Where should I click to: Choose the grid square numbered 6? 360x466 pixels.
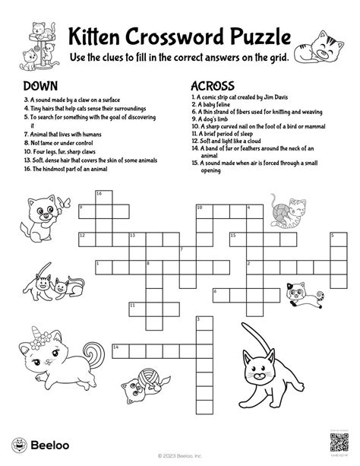[217, 293]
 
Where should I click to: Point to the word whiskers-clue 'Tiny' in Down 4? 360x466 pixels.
[34, 109]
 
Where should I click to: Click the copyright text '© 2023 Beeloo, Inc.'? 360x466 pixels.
[180, 456]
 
